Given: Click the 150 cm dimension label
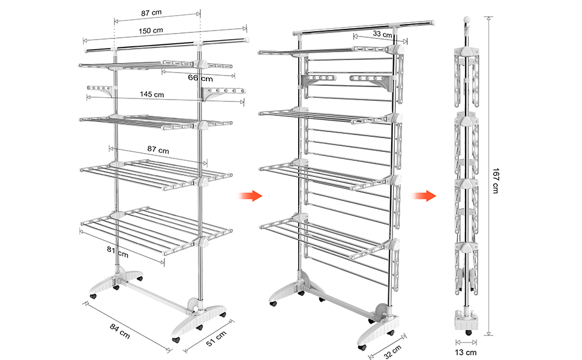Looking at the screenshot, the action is point(151,31).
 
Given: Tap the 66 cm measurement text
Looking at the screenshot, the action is point(200,78).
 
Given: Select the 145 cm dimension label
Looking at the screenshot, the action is point(152,94).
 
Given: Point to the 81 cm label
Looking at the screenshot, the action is point(118,252).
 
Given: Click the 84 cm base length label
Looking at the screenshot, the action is point(120,331).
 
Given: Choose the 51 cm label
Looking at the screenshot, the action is point(216,338).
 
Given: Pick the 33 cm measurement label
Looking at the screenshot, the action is point(382,34).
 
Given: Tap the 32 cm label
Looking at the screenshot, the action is point(393,352).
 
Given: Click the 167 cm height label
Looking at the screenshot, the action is point(496,181).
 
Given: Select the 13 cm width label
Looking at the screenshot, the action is point(466,352).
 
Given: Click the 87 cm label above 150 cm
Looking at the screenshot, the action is point(151,13).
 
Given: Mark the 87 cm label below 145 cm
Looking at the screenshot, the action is point(158,149).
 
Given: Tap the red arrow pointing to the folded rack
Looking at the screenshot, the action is point(424,195).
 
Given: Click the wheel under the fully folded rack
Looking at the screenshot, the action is point(469,332).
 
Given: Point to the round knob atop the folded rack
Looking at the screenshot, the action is point(467,19).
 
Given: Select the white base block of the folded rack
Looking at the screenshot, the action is point(466,320).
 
